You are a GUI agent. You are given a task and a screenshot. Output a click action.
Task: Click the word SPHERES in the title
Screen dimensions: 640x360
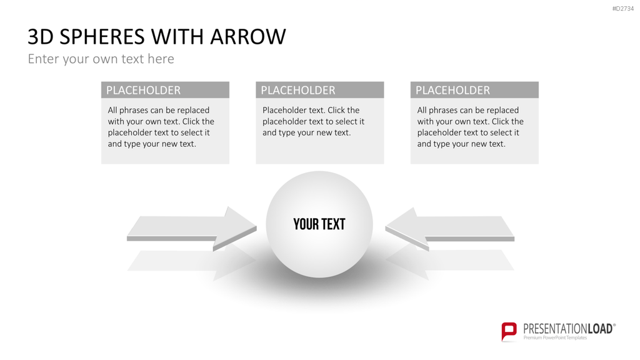click(x=102, y=37)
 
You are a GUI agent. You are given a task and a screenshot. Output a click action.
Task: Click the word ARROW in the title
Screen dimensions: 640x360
click(x=248, y=37)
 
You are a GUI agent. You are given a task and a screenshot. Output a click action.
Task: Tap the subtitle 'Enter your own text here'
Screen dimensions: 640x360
click(x=101, y=59)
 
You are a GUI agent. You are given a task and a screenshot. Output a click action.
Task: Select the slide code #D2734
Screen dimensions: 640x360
click(x=623, y=9)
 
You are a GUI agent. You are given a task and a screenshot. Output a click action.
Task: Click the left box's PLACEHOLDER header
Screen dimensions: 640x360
click(x=143, y=90)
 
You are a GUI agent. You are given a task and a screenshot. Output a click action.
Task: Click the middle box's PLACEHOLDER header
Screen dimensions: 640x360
click(x=298, y=90)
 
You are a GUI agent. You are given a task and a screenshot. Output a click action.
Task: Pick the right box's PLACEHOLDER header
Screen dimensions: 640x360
click(x=452, y=90)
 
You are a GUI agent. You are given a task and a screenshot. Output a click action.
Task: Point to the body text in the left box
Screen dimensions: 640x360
click(x=161, y=127)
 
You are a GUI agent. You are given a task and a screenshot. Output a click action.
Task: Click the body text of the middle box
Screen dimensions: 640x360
click(x=314, y=121)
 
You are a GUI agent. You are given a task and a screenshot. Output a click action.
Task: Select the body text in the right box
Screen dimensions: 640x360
click(x=470, y=127)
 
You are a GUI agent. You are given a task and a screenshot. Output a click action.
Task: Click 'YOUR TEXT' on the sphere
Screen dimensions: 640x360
click(x=319, y=224)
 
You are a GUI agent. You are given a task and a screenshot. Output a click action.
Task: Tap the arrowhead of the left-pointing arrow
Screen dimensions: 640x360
click(x=404, y=227)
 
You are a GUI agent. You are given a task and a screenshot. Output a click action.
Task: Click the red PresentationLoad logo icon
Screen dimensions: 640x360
click(x=509, y=331)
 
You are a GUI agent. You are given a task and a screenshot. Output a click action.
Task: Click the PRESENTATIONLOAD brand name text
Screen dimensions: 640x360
click(x=569, y=329)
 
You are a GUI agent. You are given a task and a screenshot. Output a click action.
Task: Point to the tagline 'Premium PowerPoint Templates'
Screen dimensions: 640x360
click(x=555, y=337)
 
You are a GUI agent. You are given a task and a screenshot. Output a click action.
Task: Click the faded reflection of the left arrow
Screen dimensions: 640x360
click(x=192, y=262)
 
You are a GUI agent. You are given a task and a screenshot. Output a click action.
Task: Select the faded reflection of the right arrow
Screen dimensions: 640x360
click(x=449, y=262)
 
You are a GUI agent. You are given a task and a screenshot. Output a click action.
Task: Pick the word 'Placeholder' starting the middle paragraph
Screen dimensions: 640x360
click(x=284, y=110)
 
